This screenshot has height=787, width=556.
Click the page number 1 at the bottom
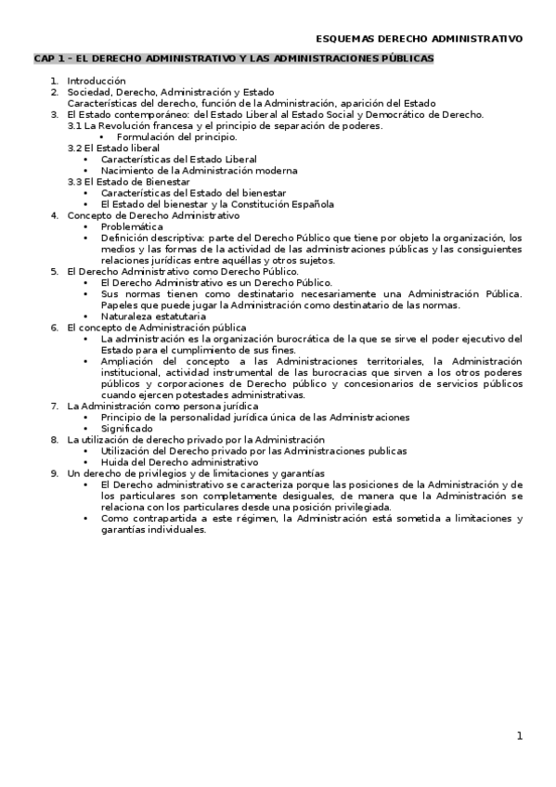pyautogui.click(x=520, y=736)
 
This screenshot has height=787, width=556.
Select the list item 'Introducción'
pyautogui.click(x=96, y=82)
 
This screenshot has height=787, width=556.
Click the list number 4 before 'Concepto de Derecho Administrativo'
pyautogui.click(x=54, y=215)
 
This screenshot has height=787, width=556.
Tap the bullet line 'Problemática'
pyautogui.click(x=132, y=226)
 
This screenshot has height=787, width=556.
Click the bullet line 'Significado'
pyautogui.click(x=126, y=428)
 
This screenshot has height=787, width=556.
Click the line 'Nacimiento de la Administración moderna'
pyautogui.click(x=199, y=171)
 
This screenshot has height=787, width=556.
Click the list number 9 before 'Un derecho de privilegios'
pyautogui.click(x=54, y=472)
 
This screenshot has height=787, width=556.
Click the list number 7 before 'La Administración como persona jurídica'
pyautogui.click(x=54, y=406)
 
